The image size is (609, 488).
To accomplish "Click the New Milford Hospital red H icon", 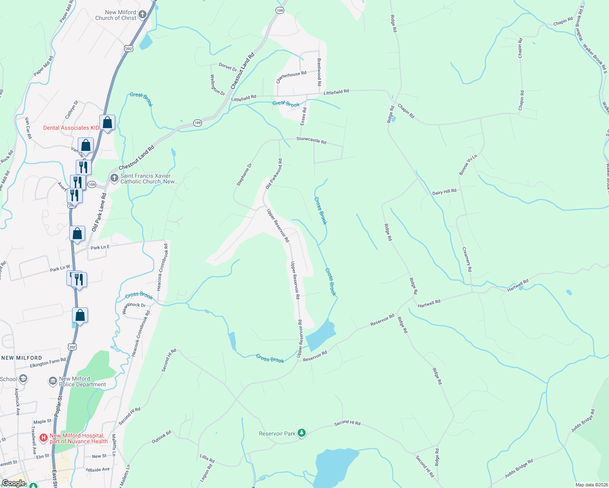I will point(44,438).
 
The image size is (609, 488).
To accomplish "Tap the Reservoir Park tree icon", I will point(301,433).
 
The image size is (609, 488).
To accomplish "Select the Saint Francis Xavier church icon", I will point(114,178).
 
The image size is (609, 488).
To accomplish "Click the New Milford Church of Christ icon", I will point(142,15).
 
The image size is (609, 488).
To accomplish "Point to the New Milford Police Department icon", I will point(53,381).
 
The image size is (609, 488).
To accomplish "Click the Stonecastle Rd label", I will point(311,140).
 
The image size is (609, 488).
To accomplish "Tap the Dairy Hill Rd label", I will point(444,192).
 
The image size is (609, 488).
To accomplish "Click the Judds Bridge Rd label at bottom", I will point(519,469).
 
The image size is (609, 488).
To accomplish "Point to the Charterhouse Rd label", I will point(291,76).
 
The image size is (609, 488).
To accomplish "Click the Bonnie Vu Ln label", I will point(468,165).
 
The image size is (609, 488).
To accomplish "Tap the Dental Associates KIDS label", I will point(71,128).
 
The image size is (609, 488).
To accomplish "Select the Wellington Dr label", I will point(217,85).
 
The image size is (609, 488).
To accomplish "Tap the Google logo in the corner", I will point(13,483).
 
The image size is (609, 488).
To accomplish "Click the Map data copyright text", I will point(590,485).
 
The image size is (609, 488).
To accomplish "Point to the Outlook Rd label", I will point(162,437).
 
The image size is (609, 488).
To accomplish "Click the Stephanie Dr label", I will point(244,175).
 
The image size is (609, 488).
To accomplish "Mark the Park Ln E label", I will point(100,247).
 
